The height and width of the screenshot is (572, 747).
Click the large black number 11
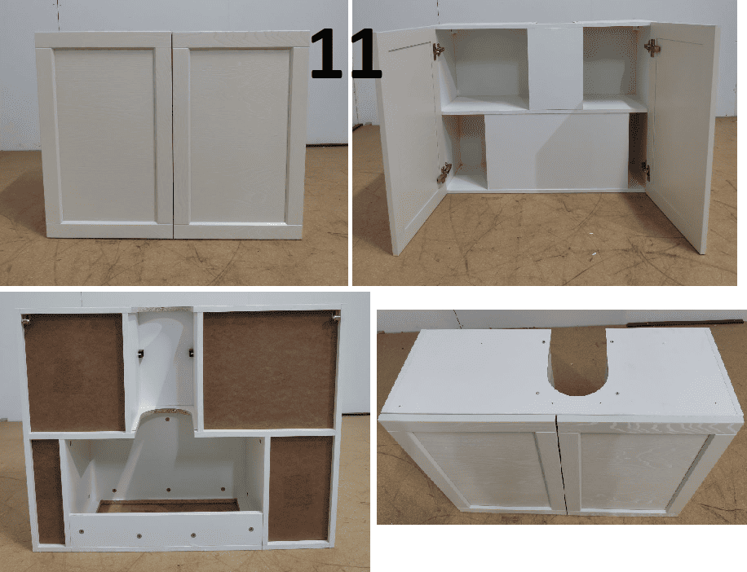347,53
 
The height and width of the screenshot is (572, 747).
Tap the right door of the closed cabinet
241,134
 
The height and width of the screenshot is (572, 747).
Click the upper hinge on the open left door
438,50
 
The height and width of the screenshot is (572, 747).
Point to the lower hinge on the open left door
444,174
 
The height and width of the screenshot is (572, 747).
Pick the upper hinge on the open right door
652,46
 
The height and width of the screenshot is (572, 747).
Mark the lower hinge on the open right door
645,170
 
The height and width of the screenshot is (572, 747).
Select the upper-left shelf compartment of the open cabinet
485,70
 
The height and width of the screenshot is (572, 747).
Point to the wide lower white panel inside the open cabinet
557,152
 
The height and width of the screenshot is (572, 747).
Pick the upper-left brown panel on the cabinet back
74,372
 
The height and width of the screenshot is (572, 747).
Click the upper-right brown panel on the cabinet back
270,370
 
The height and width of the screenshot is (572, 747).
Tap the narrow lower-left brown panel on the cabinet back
47,491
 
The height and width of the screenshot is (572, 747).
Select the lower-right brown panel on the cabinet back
300,489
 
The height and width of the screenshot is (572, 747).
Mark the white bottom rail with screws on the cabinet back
166,530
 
